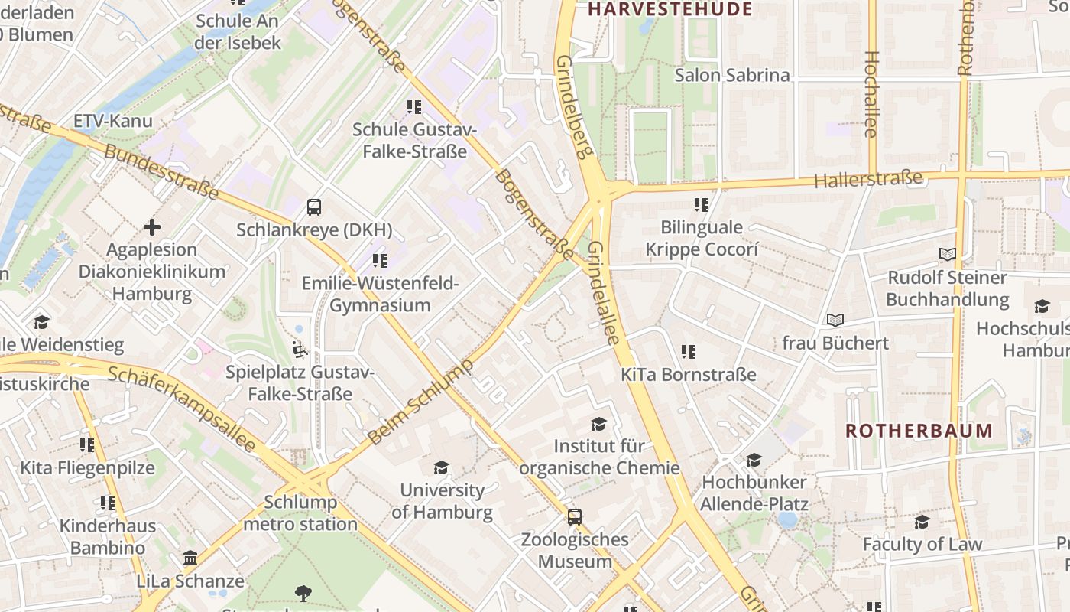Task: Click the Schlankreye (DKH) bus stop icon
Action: [x=313, y=207]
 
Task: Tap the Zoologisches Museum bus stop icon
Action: [x=574, y=517]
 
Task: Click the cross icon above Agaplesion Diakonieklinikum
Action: [x=152, y=227]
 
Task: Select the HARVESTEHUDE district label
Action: [x=670, y=9]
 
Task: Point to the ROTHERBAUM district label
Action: [x=919, y=431]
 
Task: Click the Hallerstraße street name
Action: [x=868, y=181]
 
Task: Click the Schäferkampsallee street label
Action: [x=181, y=409]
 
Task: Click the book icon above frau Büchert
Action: [x=835, y=321]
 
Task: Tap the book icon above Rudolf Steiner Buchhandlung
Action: [x=947, y=255]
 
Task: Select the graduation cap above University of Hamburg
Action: [x=441, y=467]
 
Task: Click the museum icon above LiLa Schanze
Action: [x=190, y=558]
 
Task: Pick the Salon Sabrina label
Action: [x=731, y=75]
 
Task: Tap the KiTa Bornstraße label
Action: [x=688, y=375]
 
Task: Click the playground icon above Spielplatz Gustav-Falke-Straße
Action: [x=300, y=350]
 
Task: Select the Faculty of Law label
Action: [x=922, y=545]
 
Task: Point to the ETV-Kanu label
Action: [x=112, y=121]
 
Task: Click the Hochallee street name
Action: [x=871, y=94]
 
